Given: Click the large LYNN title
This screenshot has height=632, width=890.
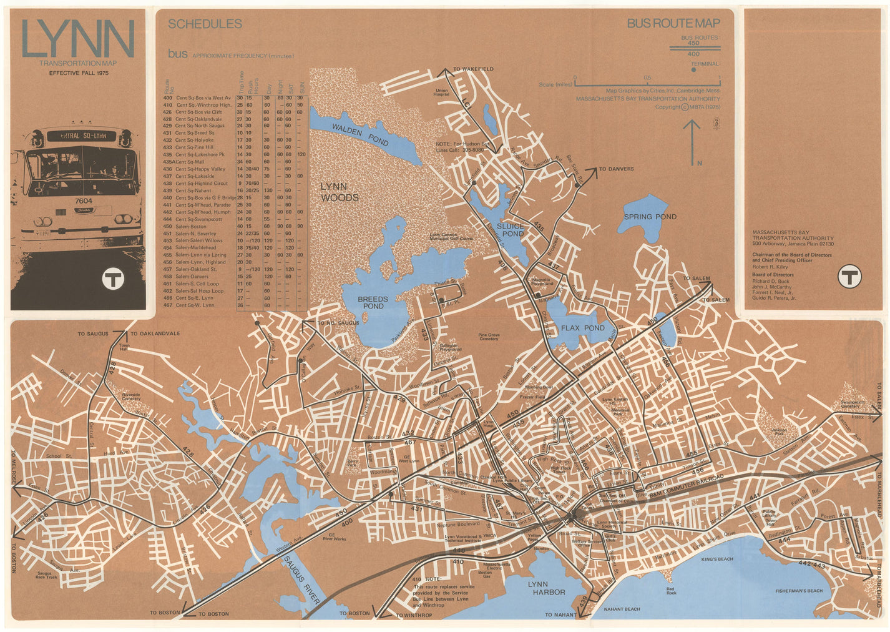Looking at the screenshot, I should coord(78,39).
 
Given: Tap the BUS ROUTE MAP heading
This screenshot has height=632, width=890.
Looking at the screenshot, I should coord(673,24).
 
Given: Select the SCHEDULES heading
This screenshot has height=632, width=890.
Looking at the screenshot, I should coord(205,24).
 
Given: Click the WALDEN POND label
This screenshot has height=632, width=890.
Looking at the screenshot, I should coord(360,134).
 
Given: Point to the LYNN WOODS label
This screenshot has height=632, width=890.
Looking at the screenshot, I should coord(340,192).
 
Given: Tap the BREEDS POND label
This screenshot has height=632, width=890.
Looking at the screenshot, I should coord(373,303).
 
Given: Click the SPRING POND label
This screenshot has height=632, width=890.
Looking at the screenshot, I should coord(650,217).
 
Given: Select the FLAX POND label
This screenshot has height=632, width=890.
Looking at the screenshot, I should coord(582,328).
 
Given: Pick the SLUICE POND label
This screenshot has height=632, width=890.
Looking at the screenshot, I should coord(510,230).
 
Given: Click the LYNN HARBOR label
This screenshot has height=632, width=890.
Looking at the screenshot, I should coord(546,588).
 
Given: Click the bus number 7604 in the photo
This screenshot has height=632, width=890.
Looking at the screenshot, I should coord(83,201).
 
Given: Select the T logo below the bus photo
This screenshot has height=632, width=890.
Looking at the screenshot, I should coord(114,279).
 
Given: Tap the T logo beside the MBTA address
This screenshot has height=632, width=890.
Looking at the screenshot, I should coord(849,275).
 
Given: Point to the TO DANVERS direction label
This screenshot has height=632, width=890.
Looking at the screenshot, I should coord(616,169).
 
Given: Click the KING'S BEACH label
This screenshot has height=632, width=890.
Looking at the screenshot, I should coord(716,559).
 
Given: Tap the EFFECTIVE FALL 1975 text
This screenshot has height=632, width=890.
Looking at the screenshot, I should coord(79,73).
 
